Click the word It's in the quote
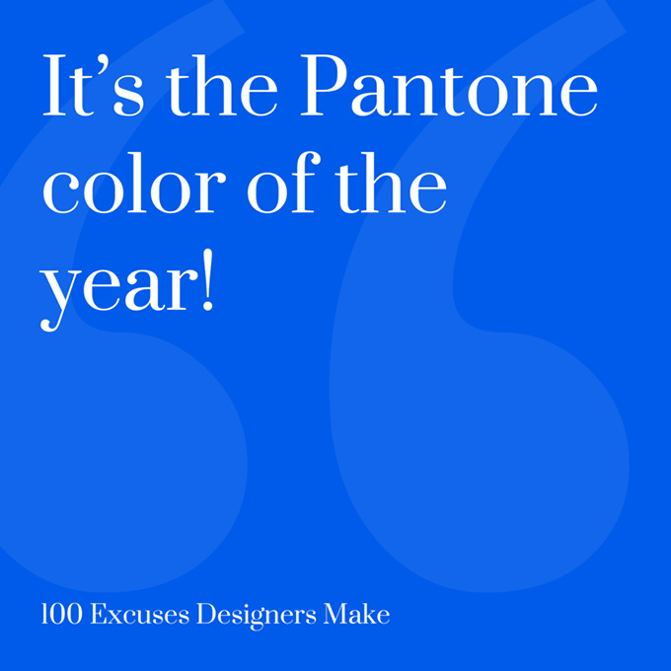[93, 85]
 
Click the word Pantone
[449, 85]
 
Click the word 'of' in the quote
[284, 183]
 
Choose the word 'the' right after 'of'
[391, 183]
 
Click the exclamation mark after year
[207, 279]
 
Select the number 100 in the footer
[61, 614]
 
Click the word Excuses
[140, 614]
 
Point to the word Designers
[257, 616]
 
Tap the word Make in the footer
[357, 614]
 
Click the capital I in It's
[54, 85]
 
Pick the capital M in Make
[336, 614]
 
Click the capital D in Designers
[207, 614]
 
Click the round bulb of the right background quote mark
[484, 462]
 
